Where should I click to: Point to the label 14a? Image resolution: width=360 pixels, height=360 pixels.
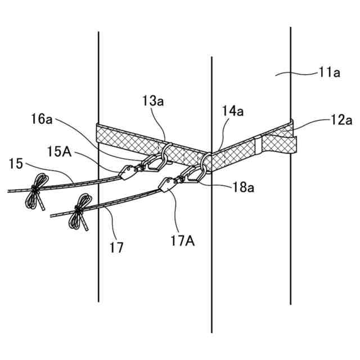click(232, 112)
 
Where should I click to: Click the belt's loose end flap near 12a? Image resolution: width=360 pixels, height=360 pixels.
click(279, 141)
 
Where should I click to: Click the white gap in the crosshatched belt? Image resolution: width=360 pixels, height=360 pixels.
click(258, 145)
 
